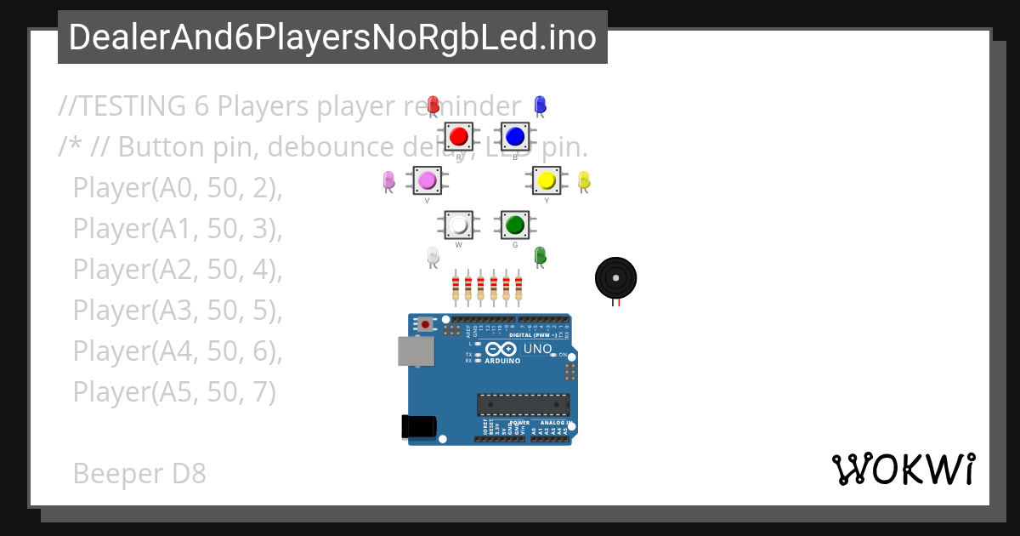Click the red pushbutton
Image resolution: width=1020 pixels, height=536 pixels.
pos(459,136)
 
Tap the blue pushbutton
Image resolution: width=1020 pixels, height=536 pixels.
pos(514,136)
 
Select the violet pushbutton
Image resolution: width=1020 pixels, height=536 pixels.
pos(427,180)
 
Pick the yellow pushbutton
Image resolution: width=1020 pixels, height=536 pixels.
pos(547,180)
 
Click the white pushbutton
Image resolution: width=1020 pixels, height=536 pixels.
pos(459,225)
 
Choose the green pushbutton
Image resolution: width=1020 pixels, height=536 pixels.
pos(514,225)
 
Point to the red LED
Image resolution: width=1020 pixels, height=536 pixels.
pos(433,105)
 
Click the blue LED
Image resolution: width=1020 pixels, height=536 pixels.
pos(539,105)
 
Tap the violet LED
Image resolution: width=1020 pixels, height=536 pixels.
pos(389,180)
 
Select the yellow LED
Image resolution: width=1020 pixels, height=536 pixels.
pos(584,180)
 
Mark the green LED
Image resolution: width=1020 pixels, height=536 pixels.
pos(540,255)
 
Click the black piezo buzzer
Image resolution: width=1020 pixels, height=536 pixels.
pos(615,278)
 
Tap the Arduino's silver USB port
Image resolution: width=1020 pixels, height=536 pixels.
pos(416,351)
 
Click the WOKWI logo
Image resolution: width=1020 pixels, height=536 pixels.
pos(904,470)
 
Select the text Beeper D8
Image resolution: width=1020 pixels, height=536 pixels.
pos(139,473)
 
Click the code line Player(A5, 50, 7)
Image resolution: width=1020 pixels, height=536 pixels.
pos(174,391)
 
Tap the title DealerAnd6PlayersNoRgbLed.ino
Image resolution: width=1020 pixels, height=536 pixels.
pos(332,37)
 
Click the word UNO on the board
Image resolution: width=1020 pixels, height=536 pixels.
pos(537,349)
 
